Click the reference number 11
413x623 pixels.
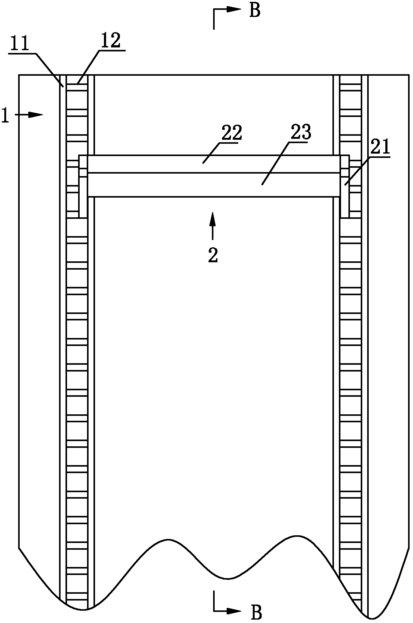click(19, 44)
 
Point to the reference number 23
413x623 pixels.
click(301, 132)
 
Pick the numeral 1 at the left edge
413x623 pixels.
click(5, 115)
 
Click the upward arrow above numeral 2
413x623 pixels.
click(212, 226)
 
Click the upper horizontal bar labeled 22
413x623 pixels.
click(214, 164)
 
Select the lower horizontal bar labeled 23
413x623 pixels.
click(214, 185)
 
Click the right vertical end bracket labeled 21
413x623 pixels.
click(345, 187)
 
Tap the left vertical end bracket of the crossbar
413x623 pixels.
click(83, 187)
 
